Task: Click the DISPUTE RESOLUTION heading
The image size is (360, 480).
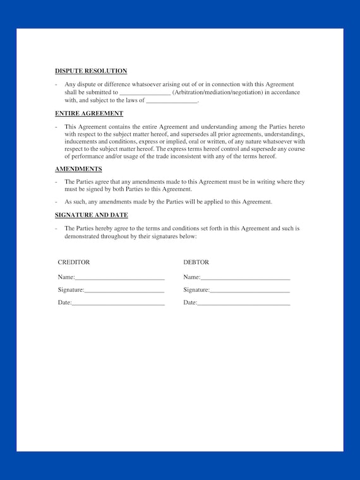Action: click(x=91, y=71)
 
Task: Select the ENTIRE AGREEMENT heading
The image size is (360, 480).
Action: click(x=89, y=114)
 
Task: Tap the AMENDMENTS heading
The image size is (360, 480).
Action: click(x=78, y=169)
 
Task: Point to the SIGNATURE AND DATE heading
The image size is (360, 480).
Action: click(x=92, y=215)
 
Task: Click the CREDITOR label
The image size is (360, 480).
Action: click(x=74, y=262)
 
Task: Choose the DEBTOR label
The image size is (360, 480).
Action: click(x=196, y=262)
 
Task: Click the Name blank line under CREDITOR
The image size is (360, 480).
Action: click(x=119, y=278)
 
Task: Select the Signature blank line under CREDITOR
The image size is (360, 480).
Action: click(x=124, y=291)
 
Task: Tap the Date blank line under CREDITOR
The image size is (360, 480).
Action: click(x=118, y=304)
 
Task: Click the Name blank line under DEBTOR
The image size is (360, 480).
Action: click(x=245, y=278)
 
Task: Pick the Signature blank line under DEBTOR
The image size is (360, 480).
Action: click(x=249, y=291)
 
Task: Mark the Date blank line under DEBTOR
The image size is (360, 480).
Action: click(x=244, y=304)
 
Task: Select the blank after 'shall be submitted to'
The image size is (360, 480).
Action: click(x=145, y=93)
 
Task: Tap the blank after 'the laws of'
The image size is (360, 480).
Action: click(x=172, y=101)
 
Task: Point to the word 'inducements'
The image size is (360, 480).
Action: click(x=80, y=141)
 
